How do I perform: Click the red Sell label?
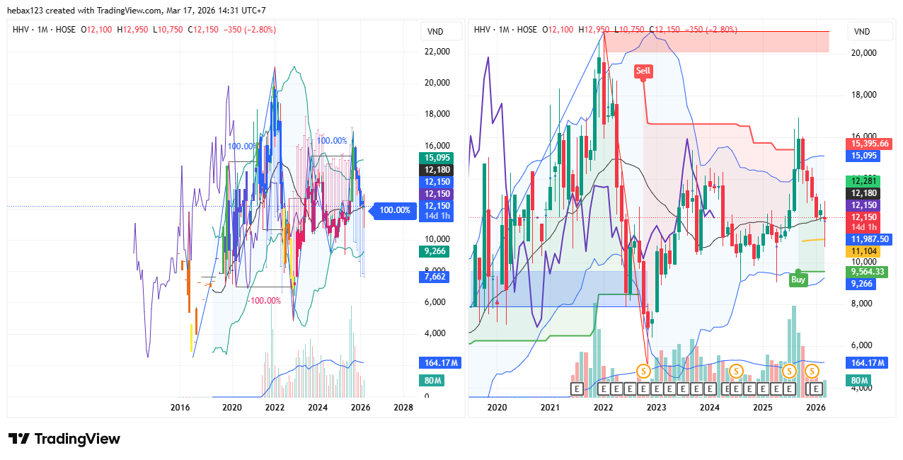643,71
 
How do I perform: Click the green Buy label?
798,280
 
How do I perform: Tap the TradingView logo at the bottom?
64,439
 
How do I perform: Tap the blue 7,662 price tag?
434,277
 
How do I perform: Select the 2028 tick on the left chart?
403,408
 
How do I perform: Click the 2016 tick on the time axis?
181,408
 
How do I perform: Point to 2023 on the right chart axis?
656,408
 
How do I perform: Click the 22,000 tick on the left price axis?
437,52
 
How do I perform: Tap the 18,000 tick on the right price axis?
863,95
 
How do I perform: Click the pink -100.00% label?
265,301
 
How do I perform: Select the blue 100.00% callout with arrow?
393,210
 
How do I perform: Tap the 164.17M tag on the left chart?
437,363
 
